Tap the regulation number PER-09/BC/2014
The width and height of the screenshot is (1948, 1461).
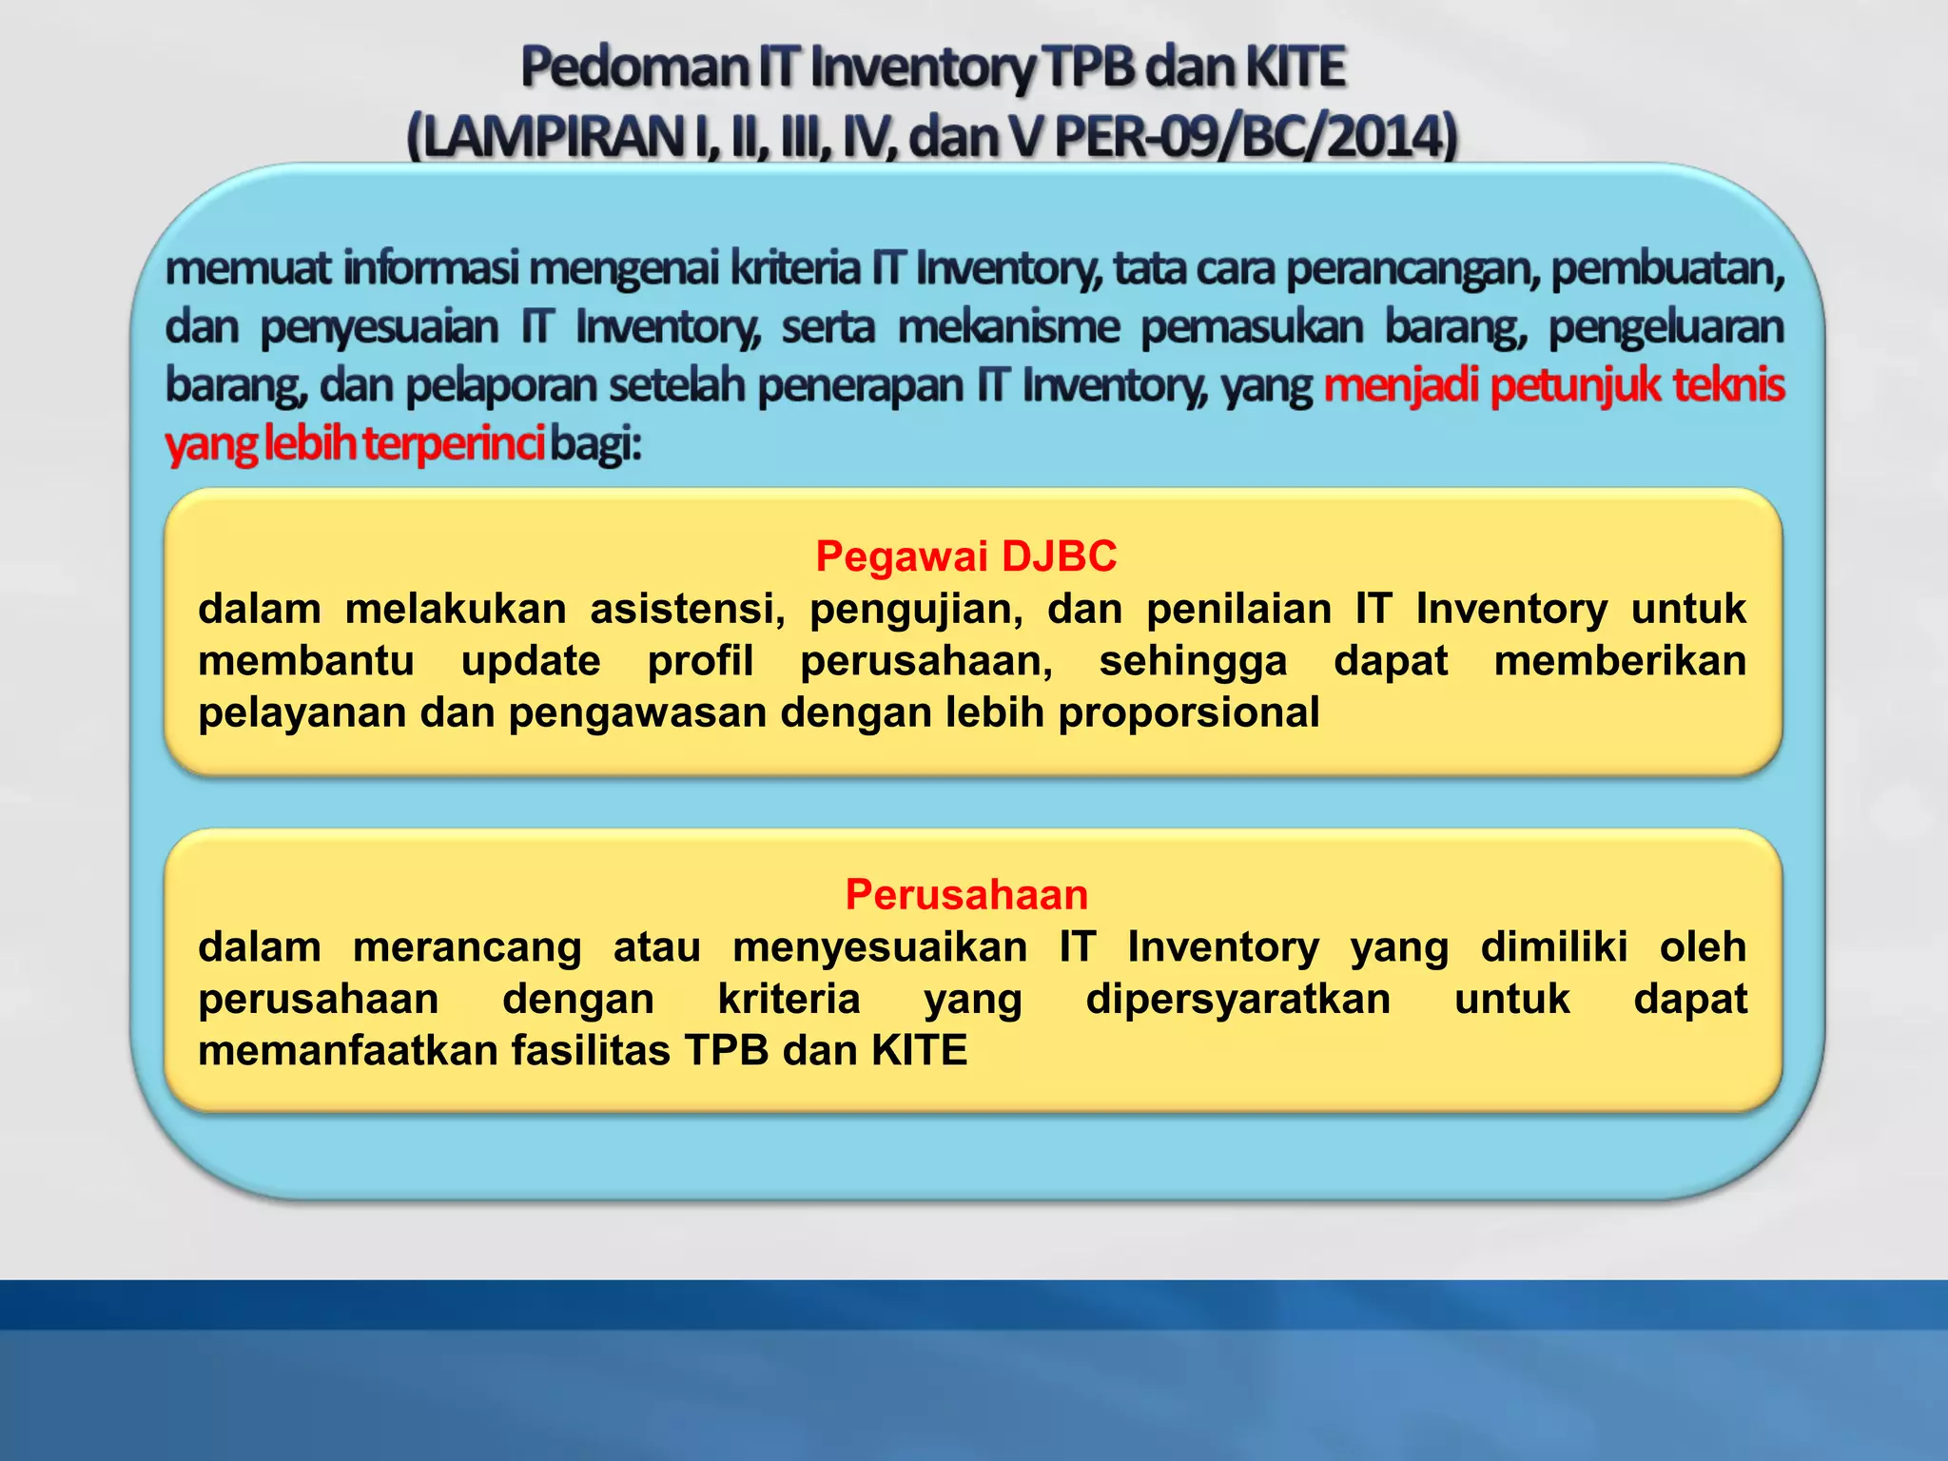[1255, 137]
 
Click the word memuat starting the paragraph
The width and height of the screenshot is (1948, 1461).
[248, 269]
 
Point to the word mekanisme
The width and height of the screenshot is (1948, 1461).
[1008, 327]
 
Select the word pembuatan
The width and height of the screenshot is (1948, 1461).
[1666, 269]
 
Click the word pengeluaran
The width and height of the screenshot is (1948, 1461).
[1666, 327]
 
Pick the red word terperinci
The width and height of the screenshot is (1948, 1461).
[454, 444]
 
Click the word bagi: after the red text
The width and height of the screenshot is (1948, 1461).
[596, 444]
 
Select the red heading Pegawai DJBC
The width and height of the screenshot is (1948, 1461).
[966, 556]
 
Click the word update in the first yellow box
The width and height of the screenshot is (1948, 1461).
[530, 661]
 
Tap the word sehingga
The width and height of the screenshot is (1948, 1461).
[1193, 661]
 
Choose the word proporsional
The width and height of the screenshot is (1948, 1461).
[1189, 712]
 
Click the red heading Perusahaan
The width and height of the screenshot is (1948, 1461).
[966, 895]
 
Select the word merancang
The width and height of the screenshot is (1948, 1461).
[467, 947]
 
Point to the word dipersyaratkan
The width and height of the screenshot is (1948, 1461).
[1237, 1000]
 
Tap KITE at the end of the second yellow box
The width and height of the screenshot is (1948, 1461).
[919, 1051]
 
